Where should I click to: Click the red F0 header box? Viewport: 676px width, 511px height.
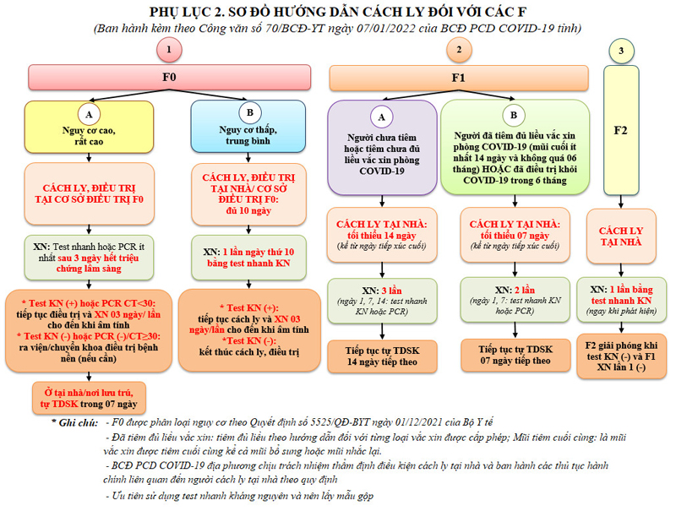[x=169, y=78]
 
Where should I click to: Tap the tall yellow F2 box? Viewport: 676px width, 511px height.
[x=622, y=131]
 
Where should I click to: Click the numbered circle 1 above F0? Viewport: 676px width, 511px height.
[x=170, y=51]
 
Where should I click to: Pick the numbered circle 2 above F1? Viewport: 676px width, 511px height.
[x=459, y=51]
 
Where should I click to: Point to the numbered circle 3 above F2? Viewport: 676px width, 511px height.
[x=622, y=52]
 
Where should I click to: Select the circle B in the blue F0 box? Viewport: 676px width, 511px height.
[x=250, y=114]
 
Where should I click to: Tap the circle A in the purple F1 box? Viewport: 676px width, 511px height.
[x=381, y=116]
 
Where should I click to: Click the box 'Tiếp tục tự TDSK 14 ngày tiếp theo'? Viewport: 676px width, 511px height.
[x=382, y=356]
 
